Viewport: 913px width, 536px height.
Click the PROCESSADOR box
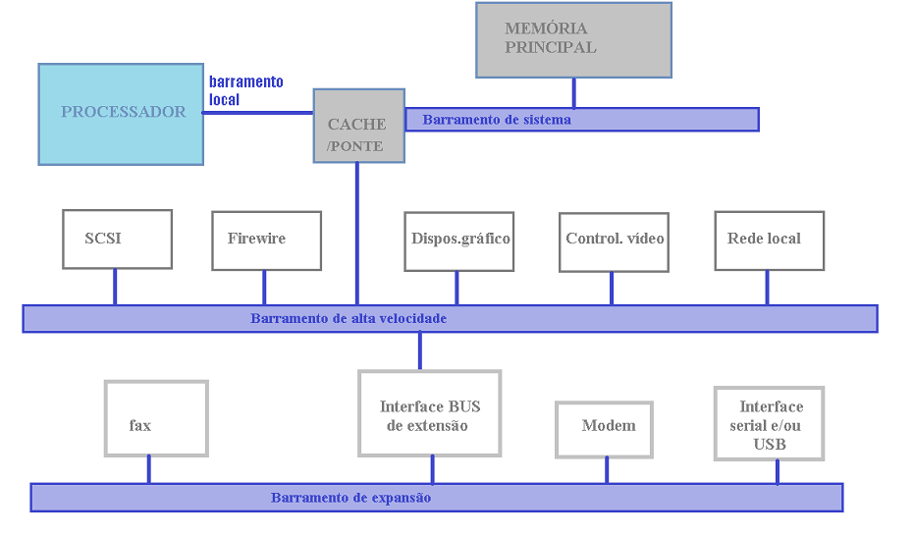[x=121, y=114]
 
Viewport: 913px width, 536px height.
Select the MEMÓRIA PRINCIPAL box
[x=573, y=40]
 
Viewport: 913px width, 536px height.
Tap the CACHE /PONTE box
[x=358, y=126]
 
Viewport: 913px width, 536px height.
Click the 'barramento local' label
[x=245, y=90]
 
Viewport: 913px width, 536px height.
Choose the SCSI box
[x=117, y=240]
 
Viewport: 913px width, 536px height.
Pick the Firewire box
[x=266, y=241]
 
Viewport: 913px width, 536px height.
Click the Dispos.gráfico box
[x=459, y=241]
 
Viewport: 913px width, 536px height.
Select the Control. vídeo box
[x=614, y=241]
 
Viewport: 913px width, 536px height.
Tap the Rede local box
[x=769, y=241]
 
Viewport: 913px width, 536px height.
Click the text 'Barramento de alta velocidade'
[x=349, y=319]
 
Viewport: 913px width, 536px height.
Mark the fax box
[x=156, y=419]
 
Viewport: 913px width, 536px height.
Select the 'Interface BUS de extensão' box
[x=429, y=413]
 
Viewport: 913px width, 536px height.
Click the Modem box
[x=604, y=430]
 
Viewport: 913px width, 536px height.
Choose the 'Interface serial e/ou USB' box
[x=768, y=424]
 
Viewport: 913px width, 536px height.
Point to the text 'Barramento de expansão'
[x=350, y=499]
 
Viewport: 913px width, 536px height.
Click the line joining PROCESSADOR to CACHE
[x=258, y=113]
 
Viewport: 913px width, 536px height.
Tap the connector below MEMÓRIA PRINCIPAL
[x=574, y=92]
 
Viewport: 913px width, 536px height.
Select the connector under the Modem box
[x=606, y=470]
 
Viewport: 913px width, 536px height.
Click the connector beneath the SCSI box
[x=115, y=287]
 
